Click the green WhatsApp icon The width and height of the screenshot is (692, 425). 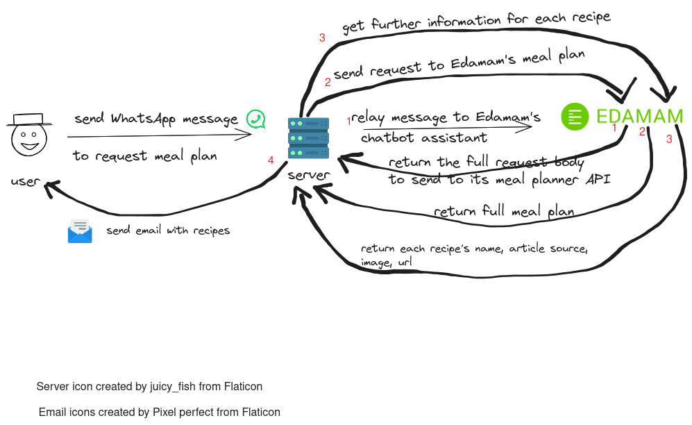click(x=256, y=119)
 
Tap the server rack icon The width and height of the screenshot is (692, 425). click(x=307, y=137)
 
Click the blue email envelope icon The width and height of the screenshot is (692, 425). click(x=80, y=231)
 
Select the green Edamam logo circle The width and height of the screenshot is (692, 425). click(x=575, y=117)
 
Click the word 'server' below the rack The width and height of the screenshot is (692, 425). click(x=308, y=175)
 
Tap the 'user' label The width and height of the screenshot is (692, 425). click(x=25, y=181)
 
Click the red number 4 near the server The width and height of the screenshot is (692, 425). click(x=271, y=160)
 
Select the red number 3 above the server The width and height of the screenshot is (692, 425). click(x=322, y=37)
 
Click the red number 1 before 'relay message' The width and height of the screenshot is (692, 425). click(x=349, y=122)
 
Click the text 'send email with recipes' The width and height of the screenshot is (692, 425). click(x=168, y=230)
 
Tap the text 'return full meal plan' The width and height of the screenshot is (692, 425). click(x=503, y=210)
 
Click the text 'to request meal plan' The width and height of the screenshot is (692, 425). click(x=144, y=156)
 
